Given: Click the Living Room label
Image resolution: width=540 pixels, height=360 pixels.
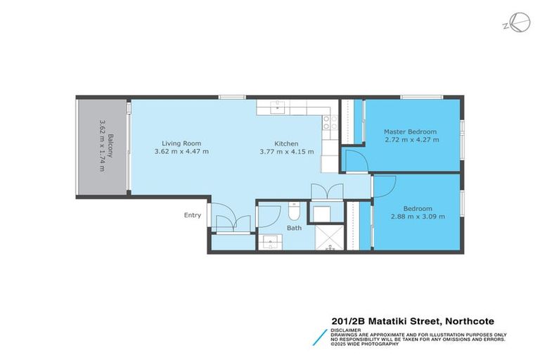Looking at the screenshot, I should (x=176, y=142).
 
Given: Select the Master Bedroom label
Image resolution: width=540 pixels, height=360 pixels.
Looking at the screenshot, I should (x=410, y=131).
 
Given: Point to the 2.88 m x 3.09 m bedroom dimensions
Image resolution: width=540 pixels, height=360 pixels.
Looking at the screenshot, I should (x=418, y=217).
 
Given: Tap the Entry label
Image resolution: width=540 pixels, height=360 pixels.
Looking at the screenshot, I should (x=193, y=215).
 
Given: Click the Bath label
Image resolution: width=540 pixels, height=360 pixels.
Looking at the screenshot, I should (x=294, y=229).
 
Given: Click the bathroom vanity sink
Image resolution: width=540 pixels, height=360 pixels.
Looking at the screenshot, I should (x=272, y=241).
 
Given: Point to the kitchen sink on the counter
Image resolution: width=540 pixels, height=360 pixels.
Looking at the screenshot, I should (x=278, y=106).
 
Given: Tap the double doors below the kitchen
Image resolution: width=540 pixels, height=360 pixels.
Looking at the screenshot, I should (x=319, y=192).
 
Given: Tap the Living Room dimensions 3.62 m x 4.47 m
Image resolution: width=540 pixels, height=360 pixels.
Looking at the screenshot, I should (x=181, y=151).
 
